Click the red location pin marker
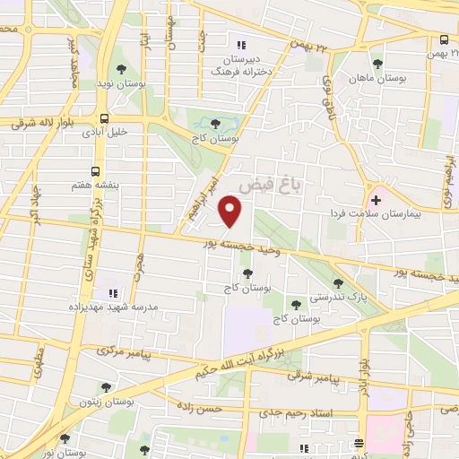coord(231,211)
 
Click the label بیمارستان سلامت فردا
coord(410,214)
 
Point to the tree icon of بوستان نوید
coord(122,71)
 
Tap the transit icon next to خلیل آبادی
coord(105,117)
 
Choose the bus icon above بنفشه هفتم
coord(96,169)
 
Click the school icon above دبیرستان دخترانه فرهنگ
coord(238,45)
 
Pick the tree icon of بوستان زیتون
coord(107,388)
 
